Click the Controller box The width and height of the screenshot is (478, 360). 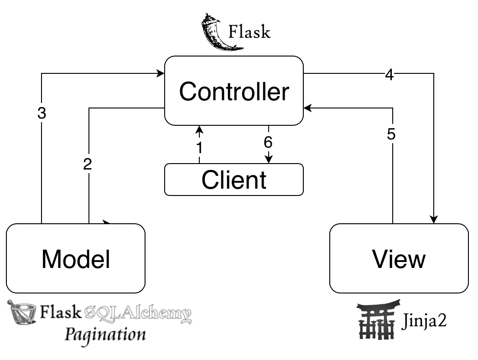[x=234, y=91]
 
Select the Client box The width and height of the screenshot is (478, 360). [x=234, y=180]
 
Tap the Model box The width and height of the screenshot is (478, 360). [x=76, y=258]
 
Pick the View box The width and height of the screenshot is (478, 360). [x=399, y=258]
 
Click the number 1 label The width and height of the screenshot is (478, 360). [x=199, y=148]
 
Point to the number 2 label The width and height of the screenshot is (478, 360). [x=88, y=164]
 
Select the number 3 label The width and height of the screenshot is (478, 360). [x=42, y=113]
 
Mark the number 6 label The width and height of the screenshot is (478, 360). [x=268, y=142]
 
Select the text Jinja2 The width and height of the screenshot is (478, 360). [x=424, y=321]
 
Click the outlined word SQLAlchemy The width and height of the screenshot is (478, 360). [x=138, y=314]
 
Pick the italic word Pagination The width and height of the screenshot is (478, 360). [x=105, y=335]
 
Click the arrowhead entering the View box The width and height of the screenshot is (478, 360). [x=433, y=220]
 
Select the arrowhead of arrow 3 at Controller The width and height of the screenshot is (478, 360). [x=161, y=73]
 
